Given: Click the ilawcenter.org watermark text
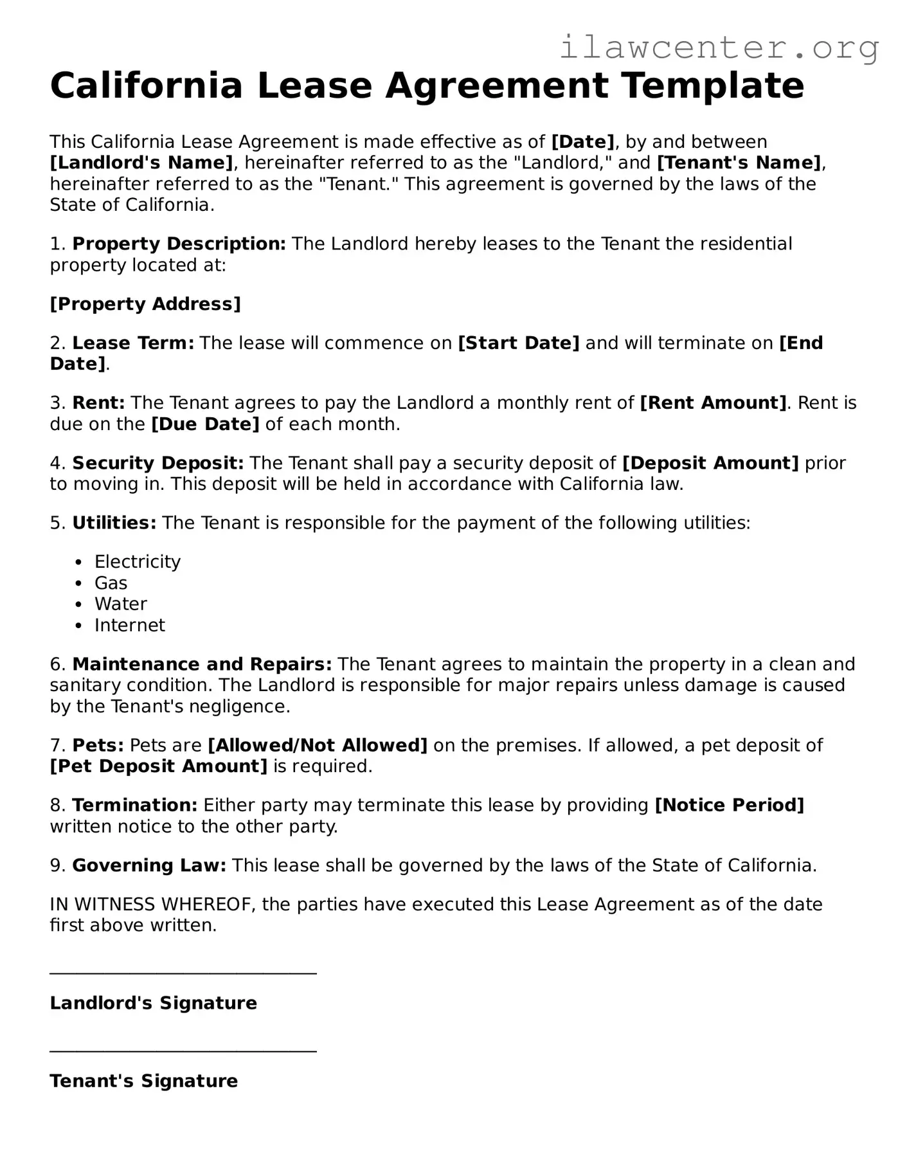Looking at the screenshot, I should tap(719, 48).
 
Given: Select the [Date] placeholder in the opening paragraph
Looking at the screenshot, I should tap(583, 142).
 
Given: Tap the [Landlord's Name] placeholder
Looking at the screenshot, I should tap(141, 163).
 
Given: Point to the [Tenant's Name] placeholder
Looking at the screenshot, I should tap(739, 163).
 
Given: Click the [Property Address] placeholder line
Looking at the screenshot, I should tap(145, 304).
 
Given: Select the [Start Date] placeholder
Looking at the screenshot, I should tap(518, 343).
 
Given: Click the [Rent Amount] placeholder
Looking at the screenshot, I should tap(713, 403).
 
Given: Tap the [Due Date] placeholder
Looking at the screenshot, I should tap(205, 424).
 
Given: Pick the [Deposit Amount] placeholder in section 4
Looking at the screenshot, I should tap(710, 463).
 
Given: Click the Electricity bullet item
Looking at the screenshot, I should tap(138, 562).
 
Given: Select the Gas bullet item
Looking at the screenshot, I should tap(111, 583).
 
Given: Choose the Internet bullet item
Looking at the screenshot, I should tap(129, 626).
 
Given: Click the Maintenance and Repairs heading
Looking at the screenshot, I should tap(202, 664).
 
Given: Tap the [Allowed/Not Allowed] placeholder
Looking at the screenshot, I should tap(318, 746).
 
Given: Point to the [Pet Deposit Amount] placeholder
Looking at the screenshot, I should tap(158, 766).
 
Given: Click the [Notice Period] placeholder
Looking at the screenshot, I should tap(729, 806).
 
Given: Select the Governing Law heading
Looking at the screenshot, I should tap(149, 865).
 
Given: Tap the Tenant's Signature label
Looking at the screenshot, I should tap(143, 1081).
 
